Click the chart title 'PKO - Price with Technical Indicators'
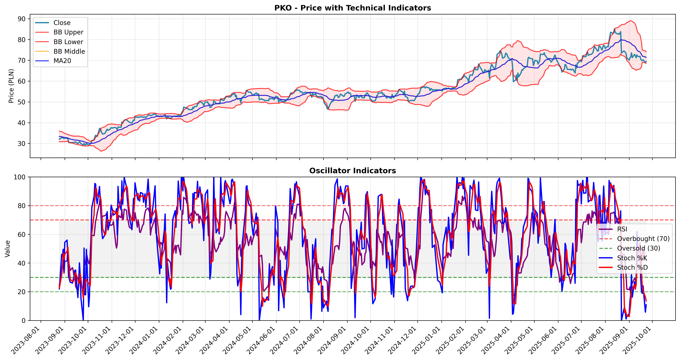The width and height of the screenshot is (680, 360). click(x=352, y=8)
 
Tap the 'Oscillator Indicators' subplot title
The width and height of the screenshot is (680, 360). click(x=352, y=171)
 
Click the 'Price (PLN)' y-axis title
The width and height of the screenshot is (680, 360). click(x=11, y=86)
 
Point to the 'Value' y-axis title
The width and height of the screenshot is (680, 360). click(x=7, y=249)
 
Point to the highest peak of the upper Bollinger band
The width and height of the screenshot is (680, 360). click(x=631, y=21)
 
